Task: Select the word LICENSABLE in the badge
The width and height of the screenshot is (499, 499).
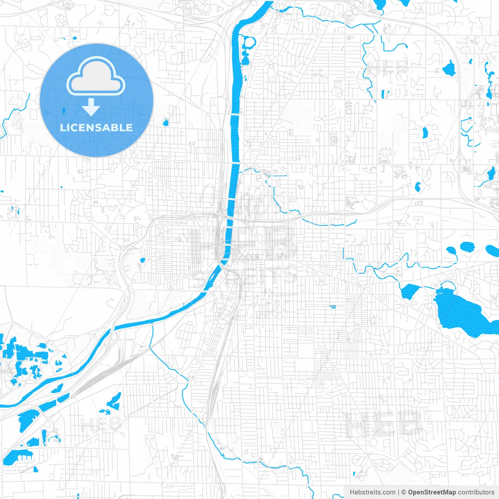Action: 96,127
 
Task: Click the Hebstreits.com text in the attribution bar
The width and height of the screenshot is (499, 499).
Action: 372,492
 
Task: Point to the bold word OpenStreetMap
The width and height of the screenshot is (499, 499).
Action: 432,492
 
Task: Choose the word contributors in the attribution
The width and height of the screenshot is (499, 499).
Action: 476,492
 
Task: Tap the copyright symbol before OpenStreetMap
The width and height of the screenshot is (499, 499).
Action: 403,492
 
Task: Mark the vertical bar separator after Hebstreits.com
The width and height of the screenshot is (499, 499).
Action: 398,492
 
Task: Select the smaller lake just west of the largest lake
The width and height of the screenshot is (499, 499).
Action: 410,290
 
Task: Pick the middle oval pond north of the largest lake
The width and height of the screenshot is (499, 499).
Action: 467,246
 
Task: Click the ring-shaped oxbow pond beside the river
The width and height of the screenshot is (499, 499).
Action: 246,49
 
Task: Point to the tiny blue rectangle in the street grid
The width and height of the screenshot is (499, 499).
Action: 333,307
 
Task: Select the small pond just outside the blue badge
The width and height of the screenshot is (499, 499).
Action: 165,123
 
